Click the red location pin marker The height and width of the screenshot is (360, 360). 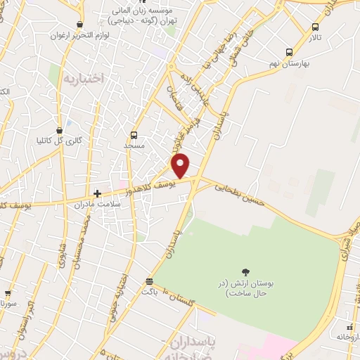pyautogui.click(x=181, y=165)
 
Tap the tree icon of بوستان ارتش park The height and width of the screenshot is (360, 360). pyautogui.click(x=245, y=272)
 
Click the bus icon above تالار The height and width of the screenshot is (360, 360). pyautogui.click(x=315, y=27)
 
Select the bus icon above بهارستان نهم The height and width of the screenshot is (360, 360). pyautogui.click(x=290, y=52)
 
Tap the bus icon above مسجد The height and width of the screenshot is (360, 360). pyautogui.click(x=134, y=135)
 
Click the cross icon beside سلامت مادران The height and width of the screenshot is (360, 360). pyautogui.click(x=97, y=193)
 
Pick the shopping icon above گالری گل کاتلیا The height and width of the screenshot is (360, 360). pyautogui.click(x=67, y=130)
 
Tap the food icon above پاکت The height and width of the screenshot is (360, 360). pyautogui.click(x=148, y=280)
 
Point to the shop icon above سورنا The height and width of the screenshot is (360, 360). pyautogui.click(x=8, y=294)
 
